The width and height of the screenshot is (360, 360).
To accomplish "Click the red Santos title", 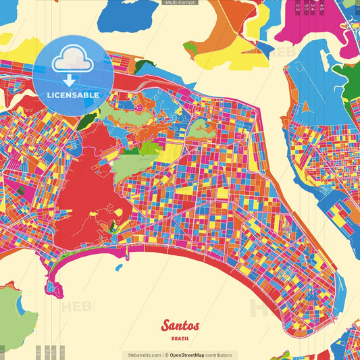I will tap(180, 326).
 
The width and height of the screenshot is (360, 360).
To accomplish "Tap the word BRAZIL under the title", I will tap(180, 337).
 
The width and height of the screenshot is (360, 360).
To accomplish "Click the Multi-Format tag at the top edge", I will tap(180, 3).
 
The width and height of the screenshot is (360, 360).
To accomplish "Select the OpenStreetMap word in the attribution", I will tap(187, 355).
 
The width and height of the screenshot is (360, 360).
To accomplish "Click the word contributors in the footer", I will tap(219, 355).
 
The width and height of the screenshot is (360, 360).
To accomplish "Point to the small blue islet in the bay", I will tap(119, 267).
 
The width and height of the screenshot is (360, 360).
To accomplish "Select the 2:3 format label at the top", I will tap(299, 7).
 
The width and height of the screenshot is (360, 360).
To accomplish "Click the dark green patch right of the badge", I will tap(144, 66).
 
